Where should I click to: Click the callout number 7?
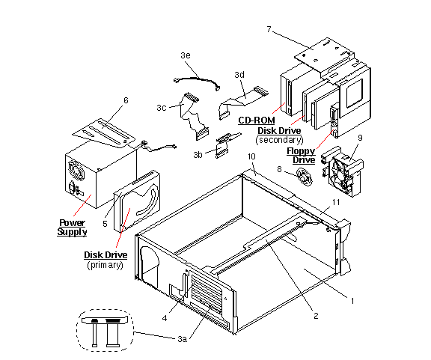coord(268,29)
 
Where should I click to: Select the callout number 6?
coord(126,100)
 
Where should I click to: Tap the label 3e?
coord(186,56)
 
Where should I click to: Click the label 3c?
coord(161,108)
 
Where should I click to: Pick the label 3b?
coord(198,154)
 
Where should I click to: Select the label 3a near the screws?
coord(182,339)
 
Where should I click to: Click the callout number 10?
coord(251,156)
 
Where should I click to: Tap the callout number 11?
coord(336,203)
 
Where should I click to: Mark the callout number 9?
coord(360,138)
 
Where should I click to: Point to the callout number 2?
coord(316,316)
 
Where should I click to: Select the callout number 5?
coord(106,223)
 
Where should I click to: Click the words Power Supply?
coord(73,228)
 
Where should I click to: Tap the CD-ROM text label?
coord(256,120)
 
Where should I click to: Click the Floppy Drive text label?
coord(302,156)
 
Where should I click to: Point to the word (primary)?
coord(106,265)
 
